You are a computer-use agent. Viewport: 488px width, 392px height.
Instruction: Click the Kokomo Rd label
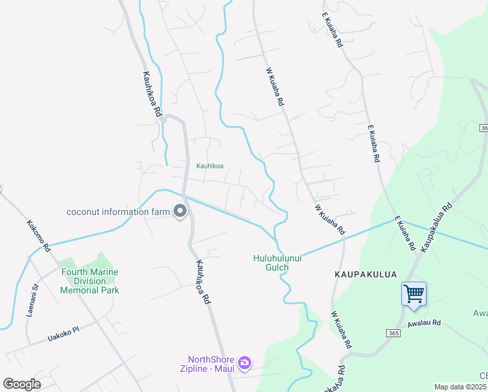38,236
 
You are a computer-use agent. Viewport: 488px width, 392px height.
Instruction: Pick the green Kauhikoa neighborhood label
209,166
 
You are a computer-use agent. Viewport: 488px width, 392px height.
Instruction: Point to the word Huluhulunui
277,258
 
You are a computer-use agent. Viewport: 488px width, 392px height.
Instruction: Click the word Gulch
277,267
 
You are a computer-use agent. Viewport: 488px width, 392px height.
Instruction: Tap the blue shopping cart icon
414,293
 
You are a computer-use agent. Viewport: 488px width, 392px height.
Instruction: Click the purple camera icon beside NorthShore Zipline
245,363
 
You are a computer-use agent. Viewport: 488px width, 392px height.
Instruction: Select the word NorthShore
211,359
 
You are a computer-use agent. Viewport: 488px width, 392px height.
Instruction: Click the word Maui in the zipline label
223,368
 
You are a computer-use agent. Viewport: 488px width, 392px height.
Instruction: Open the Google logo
22,384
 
